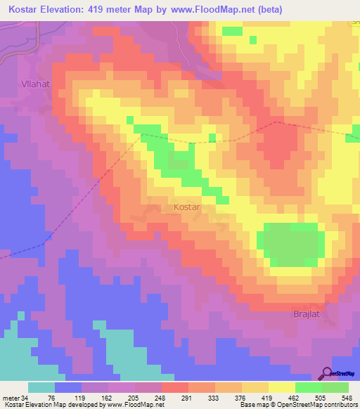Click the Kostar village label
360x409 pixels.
click(187, 208)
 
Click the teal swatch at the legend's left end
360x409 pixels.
click(41, 388)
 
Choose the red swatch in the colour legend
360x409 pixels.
click(175, 388)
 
